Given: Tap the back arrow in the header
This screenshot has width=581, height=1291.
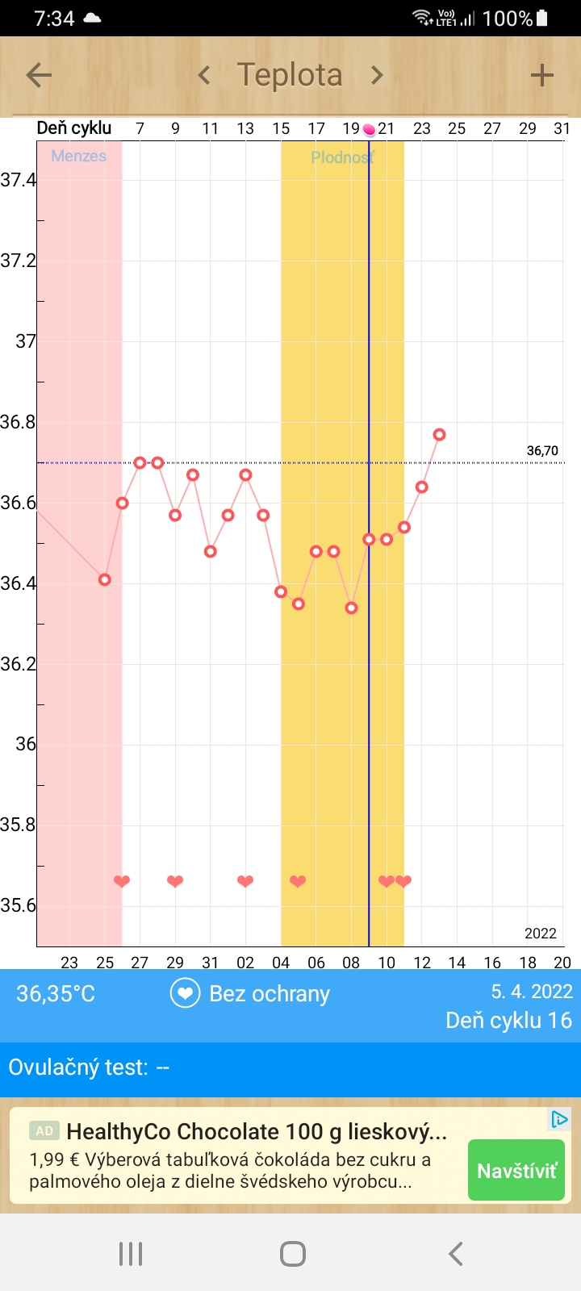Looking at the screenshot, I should [39, 76].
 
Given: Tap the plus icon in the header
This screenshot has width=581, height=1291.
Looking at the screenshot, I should [541, 76].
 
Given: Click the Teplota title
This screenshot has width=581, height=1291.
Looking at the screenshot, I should [290, 75].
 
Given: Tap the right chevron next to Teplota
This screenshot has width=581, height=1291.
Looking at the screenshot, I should [377, 76].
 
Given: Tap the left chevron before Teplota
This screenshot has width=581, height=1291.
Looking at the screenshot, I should [204, 76].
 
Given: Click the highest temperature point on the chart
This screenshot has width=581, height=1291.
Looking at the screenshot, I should [439, 435].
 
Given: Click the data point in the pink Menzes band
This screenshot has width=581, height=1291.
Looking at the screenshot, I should [104, 579].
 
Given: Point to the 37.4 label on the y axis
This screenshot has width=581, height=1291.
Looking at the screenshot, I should [18, 180].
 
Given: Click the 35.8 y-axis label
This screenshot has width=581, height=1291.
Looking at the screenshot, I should [18, 825].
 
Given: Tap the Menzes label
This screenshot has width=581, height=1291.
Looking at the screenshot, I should [78, 157].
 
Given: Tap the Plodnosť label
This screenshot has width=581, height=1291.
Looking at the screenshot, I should [342, 157].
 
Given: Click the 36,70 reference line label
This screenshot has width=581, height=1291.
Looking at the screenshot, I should [542, 451].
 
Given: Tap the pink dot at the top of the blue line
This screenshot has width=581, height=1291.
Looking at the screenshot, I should [369, 129].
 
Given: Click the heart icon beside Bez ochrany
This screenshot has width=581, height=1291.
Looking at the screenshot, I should [185, 993].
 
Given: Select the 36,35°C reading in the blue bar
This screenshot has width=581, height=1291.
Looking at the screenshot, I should [56, 993].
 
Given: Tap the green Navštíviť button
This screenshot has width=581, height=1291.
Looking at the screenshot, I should [516, 1171].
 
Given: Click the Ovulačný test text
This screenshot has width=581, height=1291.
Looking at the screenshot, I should [89, 1067].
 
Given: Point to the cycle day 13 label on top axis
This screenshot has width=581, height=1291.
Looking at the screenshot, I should [245, 128].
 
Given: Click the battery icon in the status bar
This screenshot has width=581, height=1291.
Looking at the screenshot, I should [542, 18].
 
